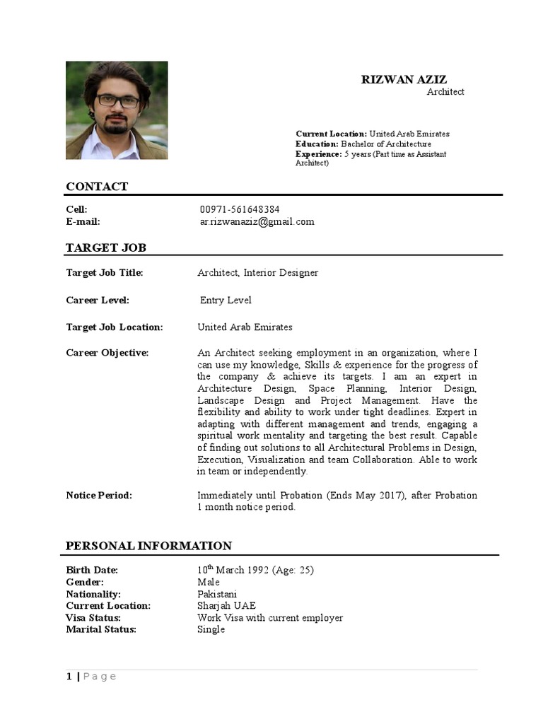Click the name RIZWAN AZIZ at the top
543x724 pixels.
click(x=404, y=80)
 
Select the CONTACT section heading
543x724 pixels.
click(x=97, y=187)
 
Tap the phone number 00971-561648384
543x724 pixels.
click(x=240, y=209)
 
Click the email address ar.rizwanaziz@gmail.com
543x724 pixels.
click(x=257, y=221)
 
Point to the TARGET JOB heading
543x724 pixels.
click(x=106, y=247)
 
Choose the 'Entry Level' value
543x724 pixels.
click(x=226, y=300)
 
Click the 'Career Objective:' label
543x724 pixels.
click(x=107, y=353)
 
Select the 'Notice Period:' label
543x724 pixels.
click(x=99, y=495)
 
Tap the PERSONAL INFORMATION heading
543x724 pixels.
click(x=148, y=546)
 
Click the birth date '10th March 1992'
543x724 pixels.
click(x=233, y=570)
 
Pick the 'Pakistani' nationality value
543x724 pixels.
click(x=217, y=594)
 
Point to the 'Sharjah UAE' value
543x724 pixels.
click(x=226, y=606)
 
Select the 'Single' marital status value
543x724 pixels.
click(x=211, y=629)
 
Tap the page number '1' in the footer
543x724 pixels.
click(x=69, y=677)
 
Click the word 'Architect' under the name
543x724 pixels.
click(x=445, y=92)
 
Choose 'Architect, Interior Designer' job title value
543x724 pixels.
click(x=257, y=273)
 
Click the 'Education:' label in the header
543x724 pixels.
click(x=317, y=144)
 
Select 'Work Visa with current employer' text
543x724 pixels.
click(x=270, y=618)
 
